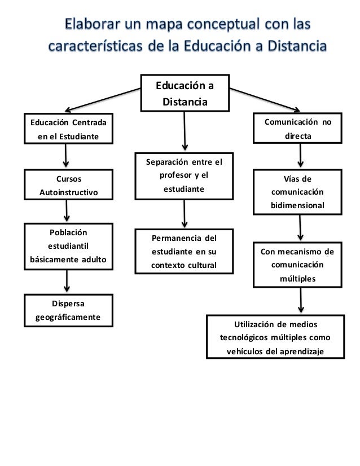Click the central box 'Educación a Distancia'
(185, 93)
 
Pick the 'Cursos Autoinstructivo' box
(68, 186)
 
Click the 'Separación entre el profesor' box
(184, 176)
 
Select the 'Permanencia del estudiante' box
(184, 250)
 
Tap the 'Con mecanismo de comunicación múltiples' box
(297, 264)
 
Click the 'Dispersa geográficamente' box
(68, 310)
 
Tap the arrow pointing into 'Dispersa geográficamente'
(68, 280)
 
